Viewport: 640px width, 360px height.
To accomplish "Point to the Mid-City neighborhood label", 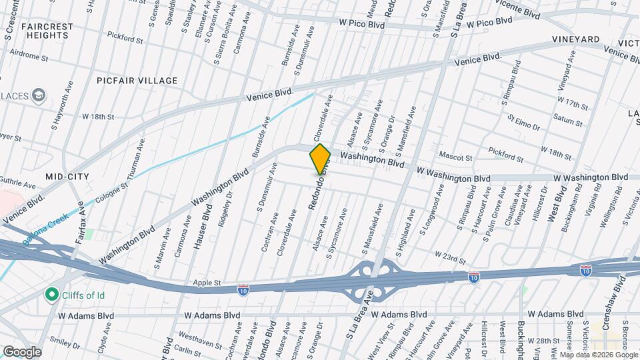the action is tap(67, 176).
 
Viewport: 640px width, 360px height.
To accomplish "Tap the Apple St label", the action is tap(207, 283).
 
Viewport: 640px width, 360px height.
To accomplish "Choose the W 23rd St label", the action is tap(450, 255).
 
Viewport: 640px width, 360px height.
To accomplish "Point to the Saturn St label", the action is tap(569, 123).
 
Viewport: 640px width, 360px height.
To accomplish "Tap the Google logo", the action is tap(22, 351).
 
